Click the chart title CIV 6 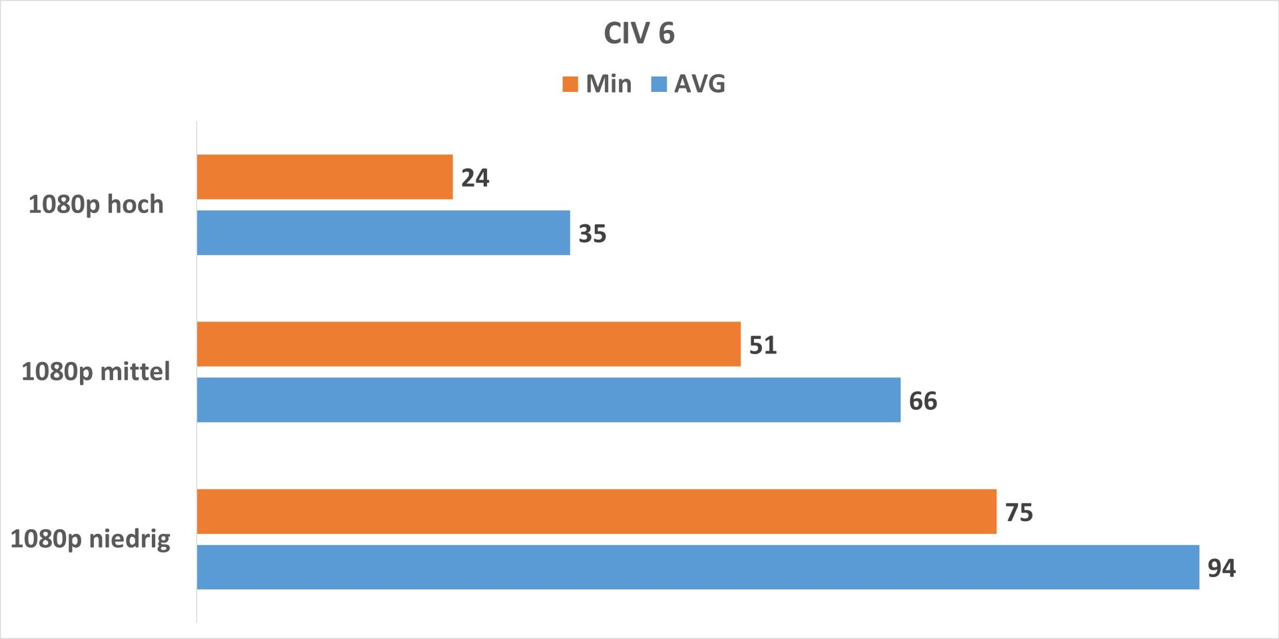click(x=639, y=33)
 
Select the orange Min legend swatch click(x=570, y=84)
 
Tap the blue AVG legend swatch click(x=659, y=84)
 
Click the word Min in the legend click(x=609, y=84)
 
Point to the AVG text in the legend click(x=699, y=84)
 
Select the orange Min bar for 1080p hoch click(x=325, y=177)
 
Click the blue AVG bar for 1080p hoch click(x=384, y=233)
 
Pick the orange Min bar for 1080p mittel click(x=469, y=344)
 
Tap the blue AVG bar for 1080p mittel click(x=549, y=400)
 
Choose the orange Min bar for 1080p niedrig click(x=597, y=511)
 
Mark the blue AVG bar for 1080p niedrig click(x=698, y=567)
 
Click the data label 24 click(x=475, y=178)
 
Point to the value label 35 click(x=592, y=234)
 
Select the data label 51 click(x=763, y=345)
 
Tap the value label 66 click(x=923, y=401)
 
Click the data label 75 click(x=1019, y=512)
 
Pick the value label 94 click(x=1221, y=568)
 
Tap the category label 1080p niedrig click(x=91, y=539)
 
